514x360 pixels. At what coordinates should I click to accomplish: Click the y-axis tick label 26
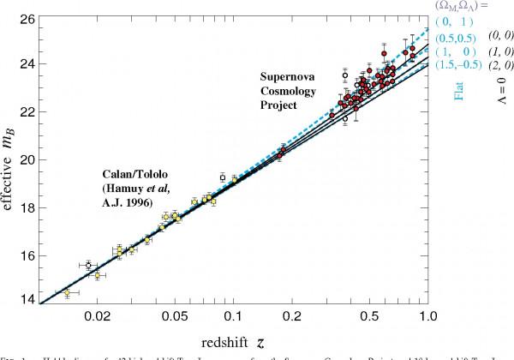pyautogui.click(x=25, y=19)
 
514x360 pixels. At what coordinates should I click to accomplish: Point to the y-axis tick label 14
pyautogui.click(x=25, y=300)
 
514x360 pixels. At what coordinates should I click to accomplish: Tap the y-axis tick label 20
pyautogui.click(x=25, y=159)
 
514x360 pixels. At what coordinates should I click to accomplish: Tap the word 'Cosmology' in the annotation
pyautogui.click(x=289, y=92)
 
